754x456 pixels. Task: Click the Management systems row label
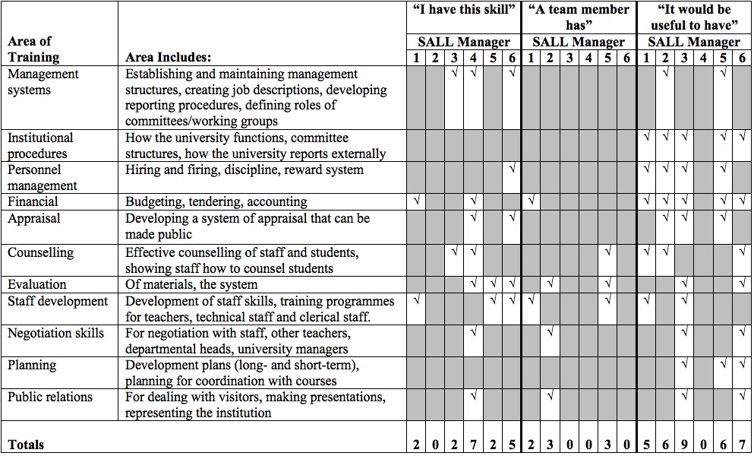point(43,82)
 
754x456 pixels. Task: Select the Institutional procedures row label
point(41,145)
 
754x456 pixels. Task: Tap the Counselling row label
point(40,252)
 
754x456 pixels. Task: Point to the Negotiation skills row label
point(55,333)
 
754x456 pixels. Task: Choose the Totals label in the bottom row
point(26,445)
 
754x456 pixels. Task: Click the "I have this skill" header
point(463,10)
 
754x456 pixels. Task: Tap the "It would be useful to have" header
point(694,17)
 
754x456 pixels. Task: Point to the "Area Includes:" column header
point(169,57)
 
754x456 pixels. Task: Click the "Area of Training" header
point(33,49)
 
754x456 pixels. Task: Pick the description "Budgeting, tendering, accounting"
point(216,202)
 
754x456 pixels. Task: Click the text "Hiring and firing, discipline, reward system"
point(244,169)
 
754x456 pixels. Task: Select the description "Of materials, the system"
point(191,284)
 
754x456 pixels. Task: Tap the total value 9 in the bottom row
point(685,445)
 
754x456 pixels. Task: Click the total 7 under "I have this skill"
point(473,445)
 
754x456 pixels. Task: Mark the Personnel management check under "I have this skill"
point(513,169)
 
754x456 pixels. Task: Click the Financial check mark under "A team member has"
point(532,201)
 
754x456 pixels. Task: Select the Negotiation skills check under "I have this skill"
point(473,332)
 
